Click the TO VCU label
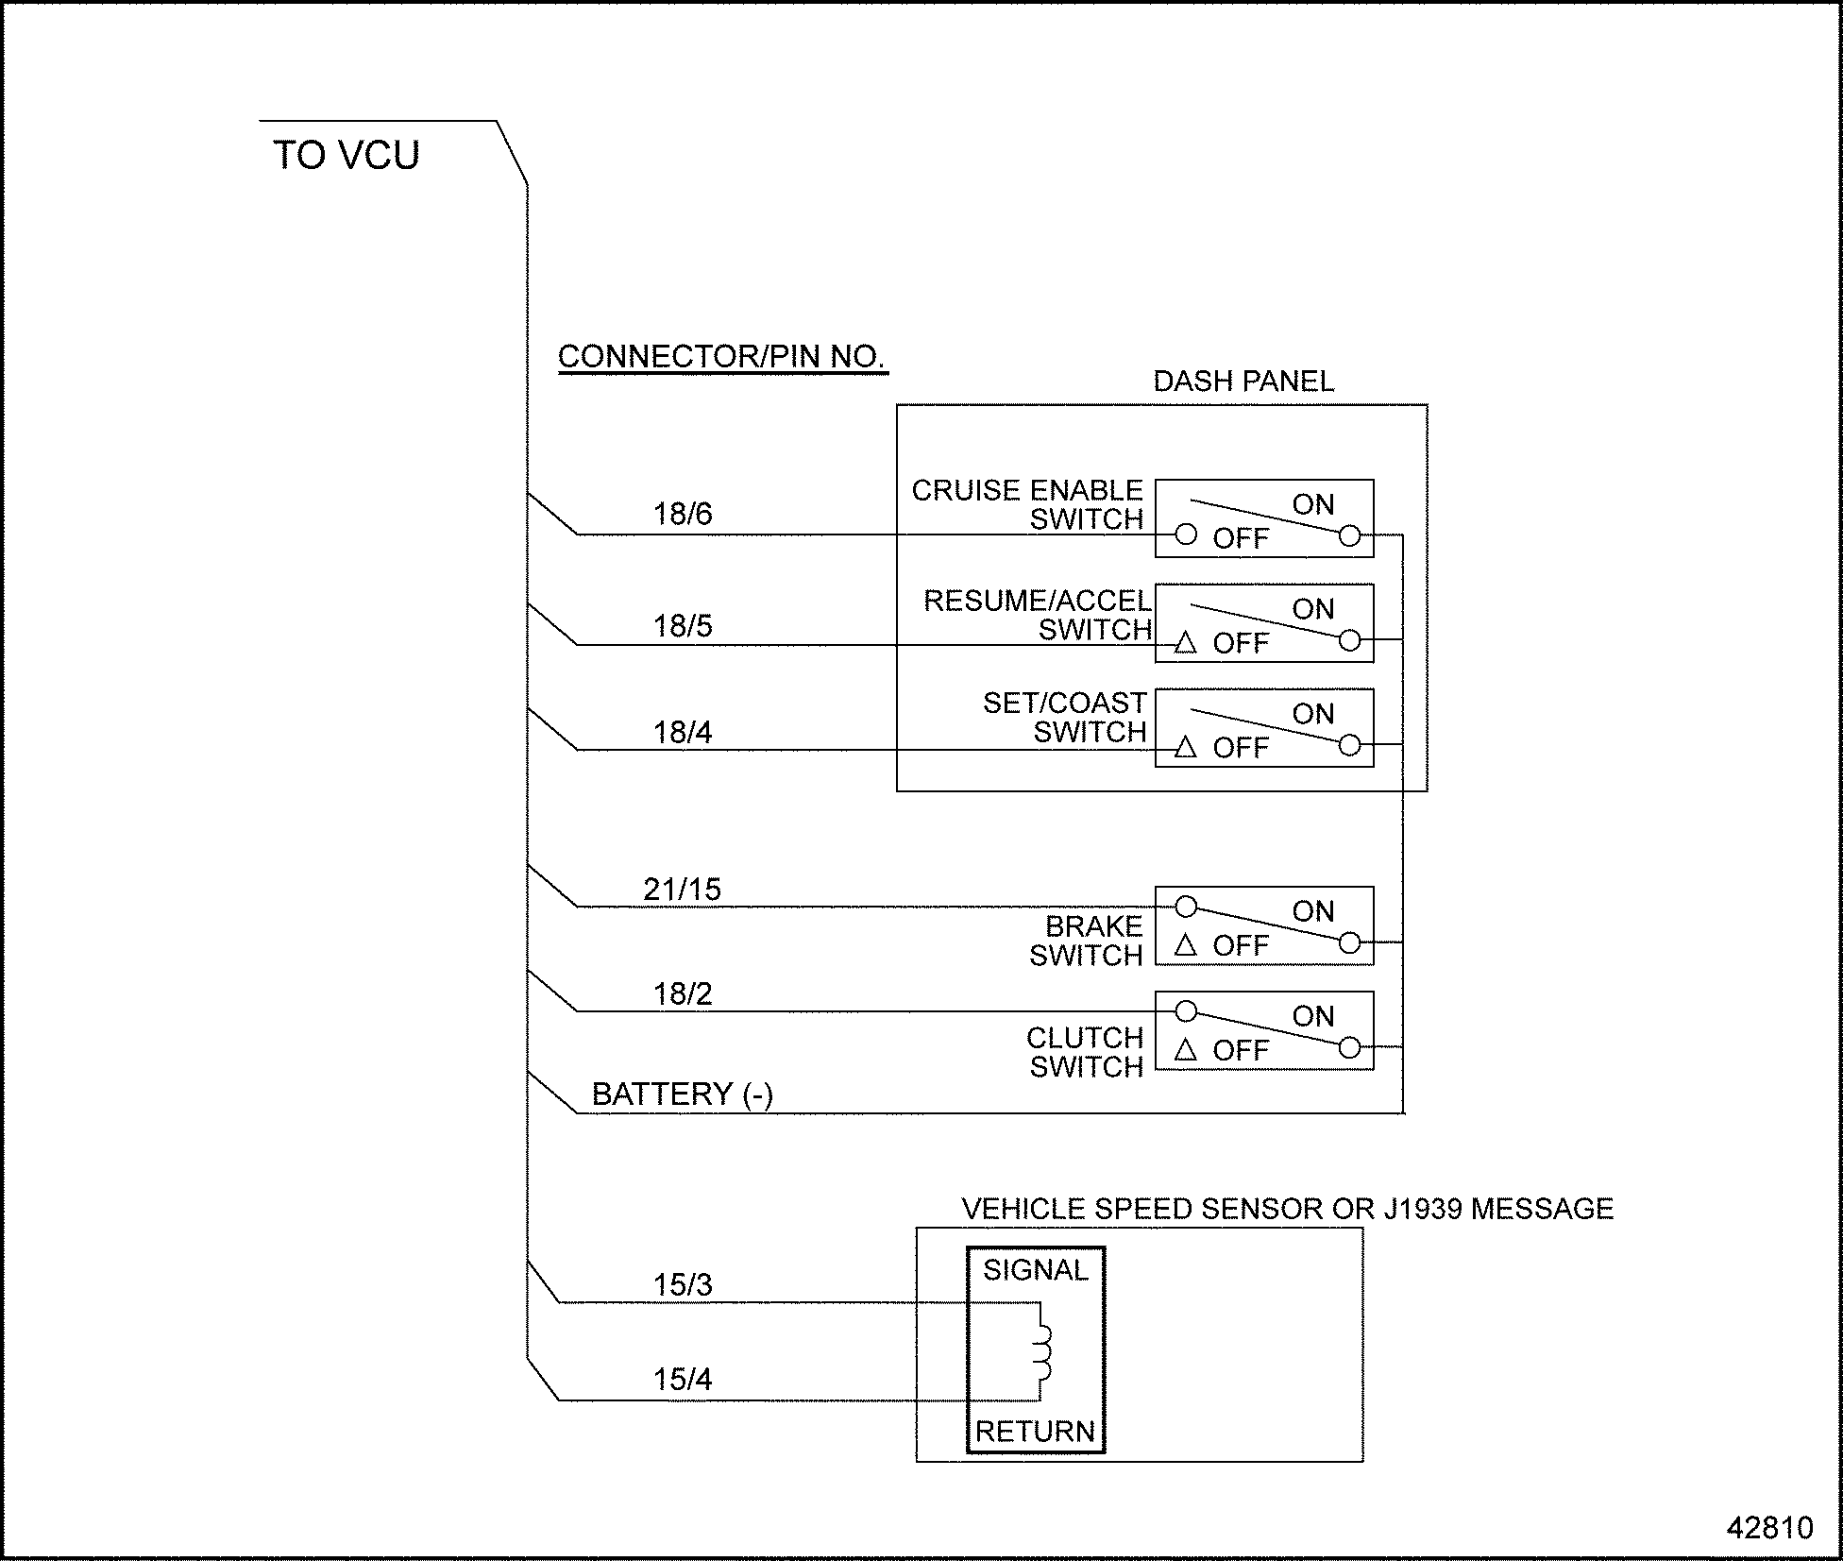[346, 156]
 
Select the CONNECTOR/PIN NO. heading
[721, 357]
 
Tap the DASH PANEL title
[1243, 382]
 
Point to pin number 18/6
[683, 514]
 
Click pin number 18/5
[683, 626]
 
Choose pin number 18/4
[683, 732]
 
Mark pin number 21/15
[682, 889]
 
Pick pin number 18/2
[683, 993]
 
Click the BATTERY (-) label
[682, 1094]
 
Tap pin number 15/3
[683, 1284]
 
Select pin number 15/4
[683, 1379]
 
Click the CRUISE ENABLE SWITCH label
[1027, 504]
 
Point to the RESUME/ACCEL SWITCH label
[1037, 615]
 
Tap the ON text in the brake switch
[1312, 911]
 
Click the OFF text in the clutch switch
[1240, 1050]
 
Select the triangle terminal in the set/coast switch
[1185, 748]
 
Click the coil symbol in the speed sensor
[1041, 1351]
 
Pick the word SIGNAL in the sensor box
[1035, 1270]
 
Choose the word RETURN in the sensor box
[1035, 1432]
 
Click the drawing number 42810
[1769, 1527]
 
